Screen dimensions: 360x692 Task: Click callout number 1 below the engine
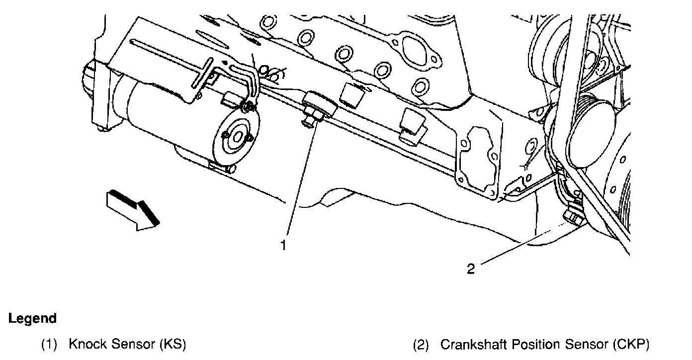(283, 245)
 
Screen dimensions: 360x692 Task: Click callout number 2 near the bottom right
(471, 269)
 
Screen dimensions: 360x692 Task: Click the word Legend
(32, 318)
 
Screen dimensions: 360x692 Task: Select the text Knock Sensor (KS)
(127, 344)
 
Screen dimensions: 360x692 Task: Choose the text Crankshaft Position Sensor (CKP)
(545, 344)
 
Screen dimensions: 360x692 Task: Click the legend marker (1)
(49, 344)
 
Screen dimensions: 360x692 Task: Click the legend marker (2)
(421, 344)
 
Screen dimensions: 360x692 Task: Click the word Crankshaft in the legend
(471, 344)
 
